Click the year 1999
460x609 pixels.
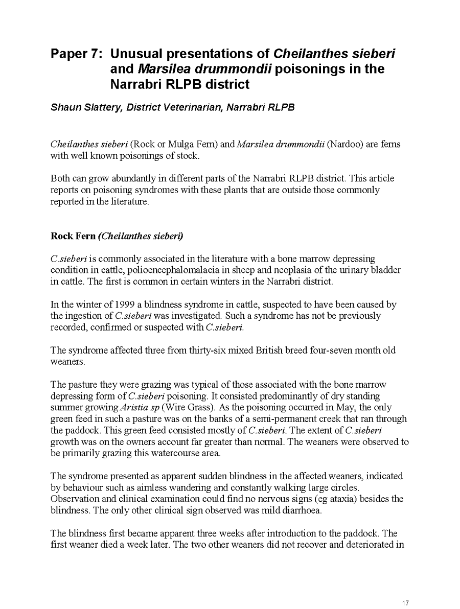(x=108, y=305)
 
